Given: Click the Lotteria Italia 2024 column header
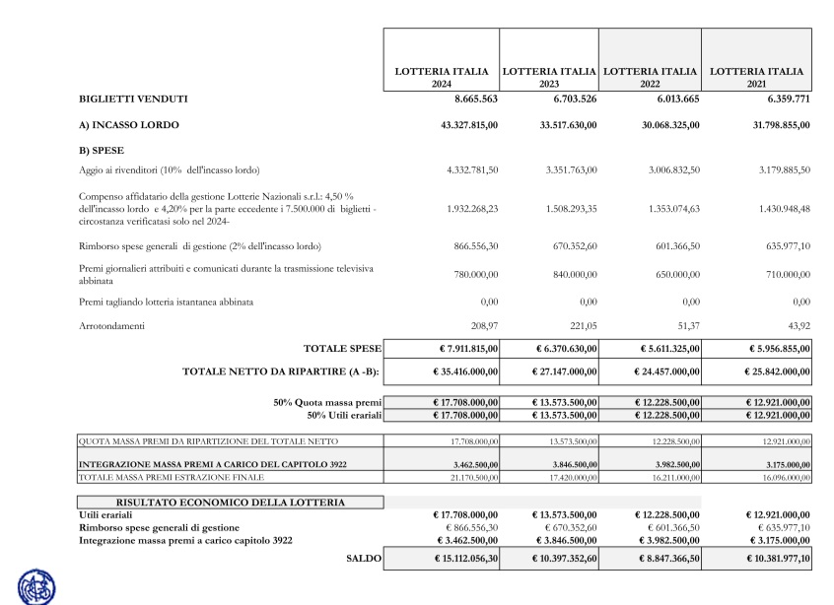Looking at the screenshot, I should (441, 77).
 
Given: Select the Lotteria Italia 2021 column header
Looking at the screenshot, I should (756, 77).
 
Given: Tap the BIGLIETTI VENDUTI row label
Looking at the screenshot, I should (133, 100).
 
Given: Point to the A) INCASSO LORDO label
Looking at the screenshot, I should (129, 125).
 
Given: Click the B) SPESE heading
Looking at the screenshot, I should (100, 150).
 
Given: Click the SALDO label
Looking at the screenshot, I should (362, 559).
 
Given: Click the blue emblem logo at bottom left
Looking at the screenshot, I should (37, 586).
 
